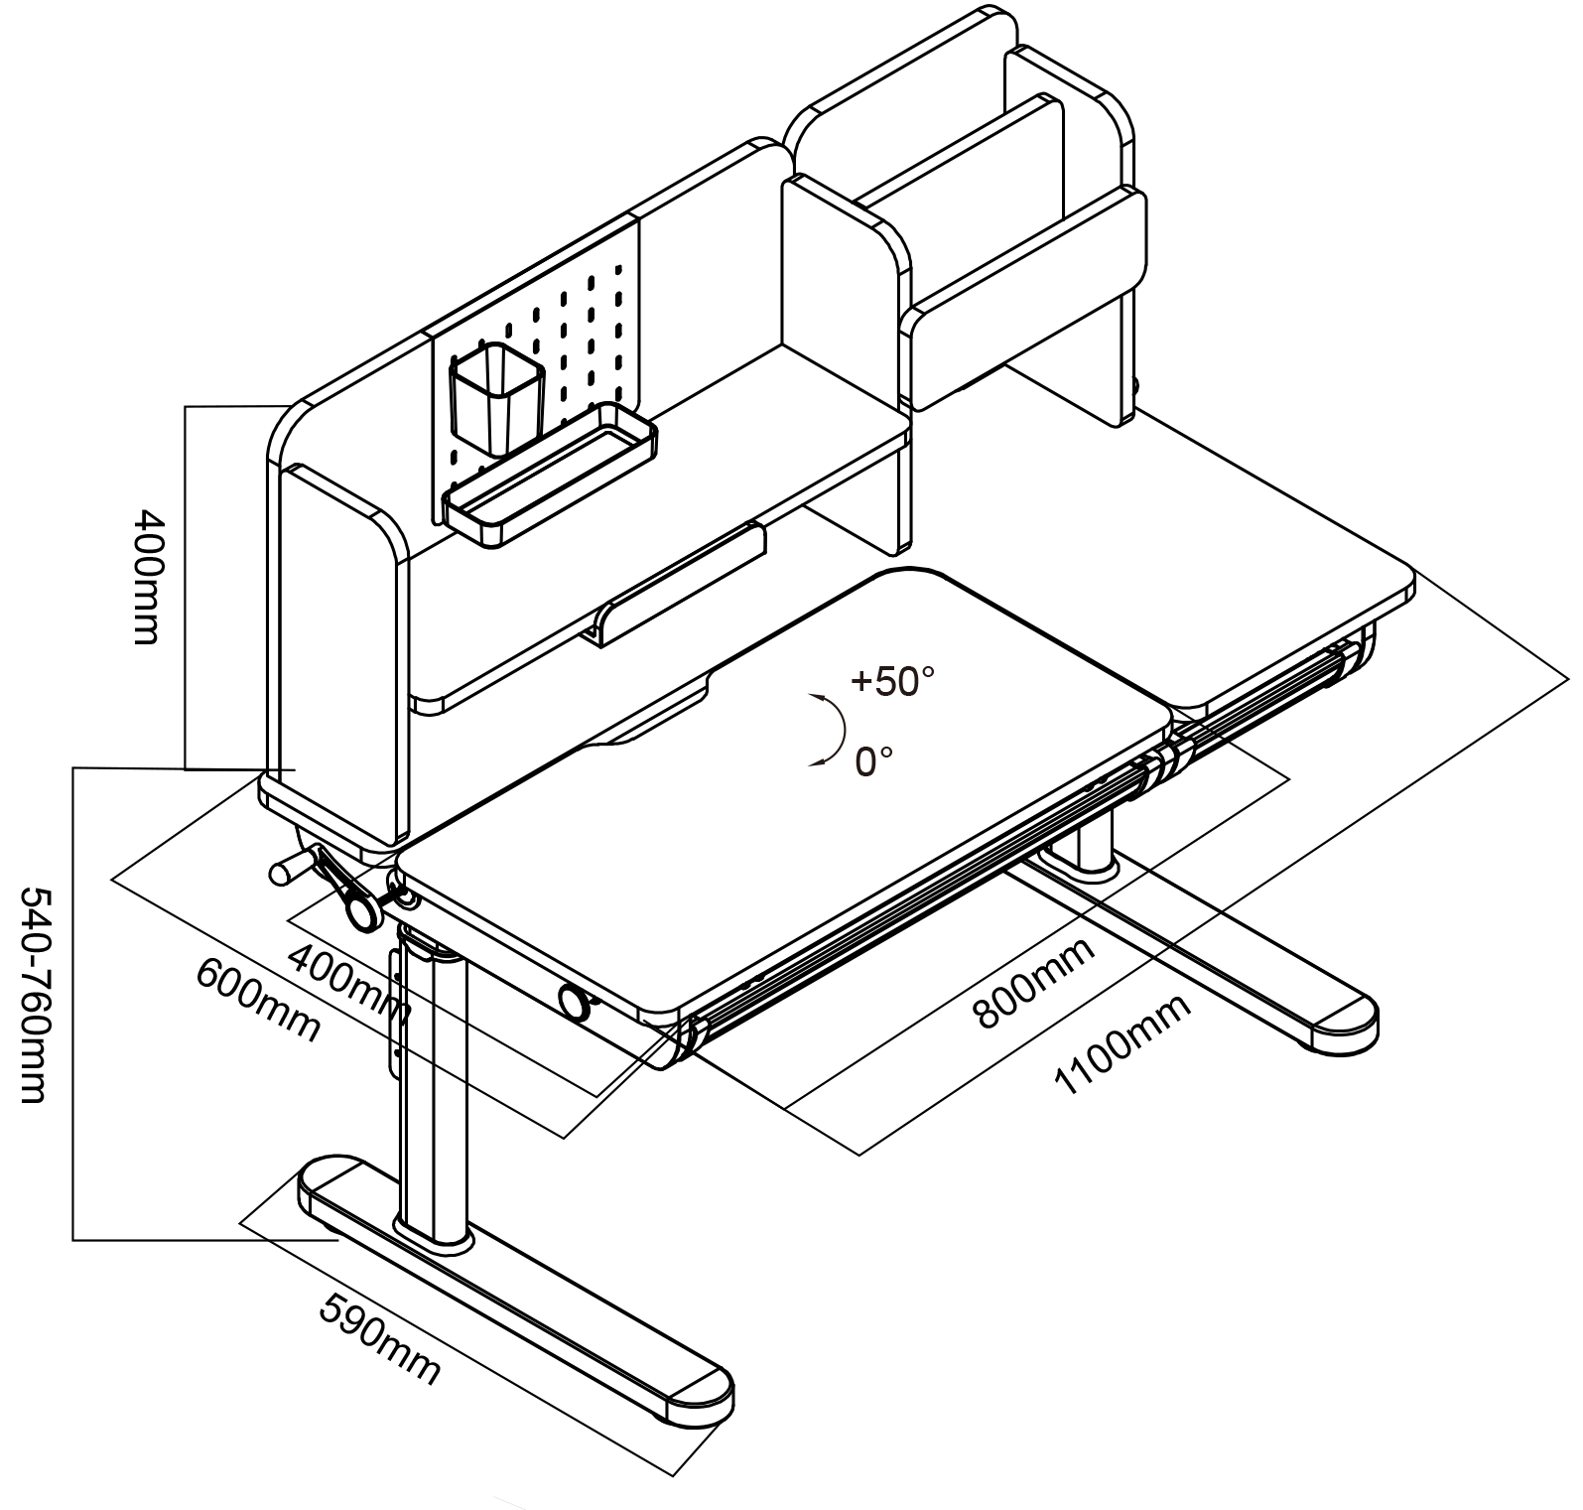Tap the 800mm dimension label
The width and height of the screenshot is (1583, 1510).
1035,982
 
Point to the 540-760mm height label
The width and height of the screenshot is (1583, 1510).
33,994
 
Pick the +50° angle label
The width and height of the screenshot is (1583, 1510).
892,681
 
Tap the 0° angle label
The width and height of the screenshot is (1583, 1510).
873,761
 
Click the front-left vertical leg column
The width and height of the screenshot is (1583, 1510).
434,1082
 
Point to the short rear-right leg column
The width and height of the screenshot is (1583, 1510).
1094,845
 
